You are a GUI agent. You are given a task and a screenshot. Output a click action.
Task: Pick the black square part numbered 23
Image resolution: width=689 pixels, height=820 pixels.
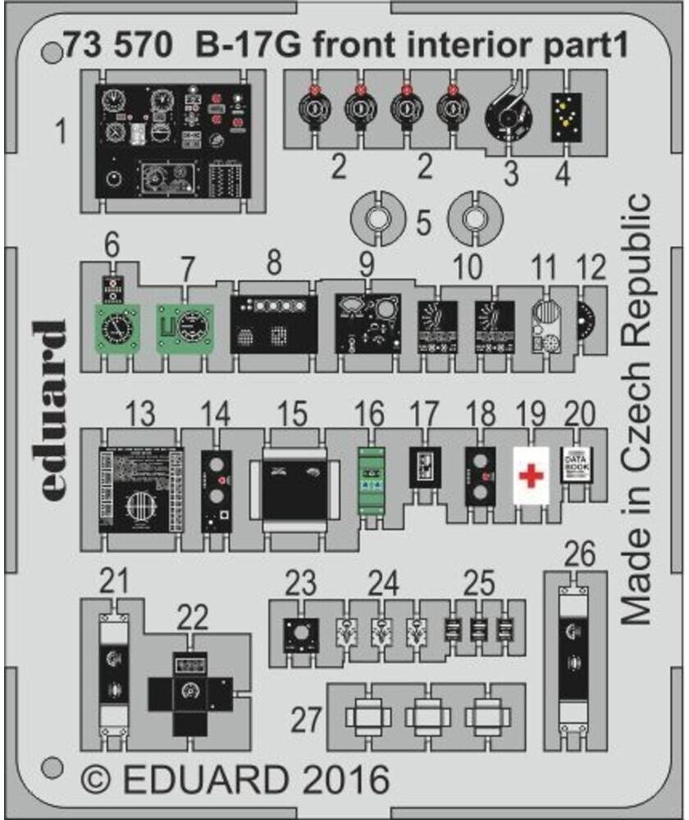tap(300, 634)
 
